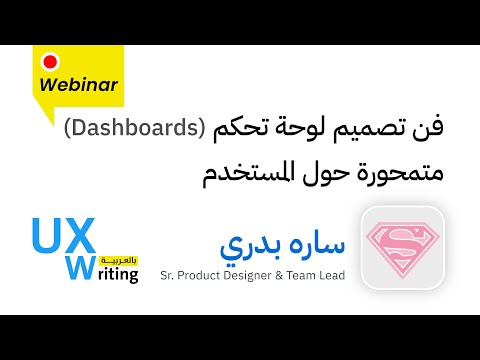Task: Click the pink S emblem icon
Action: click(x=400, y=249)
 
